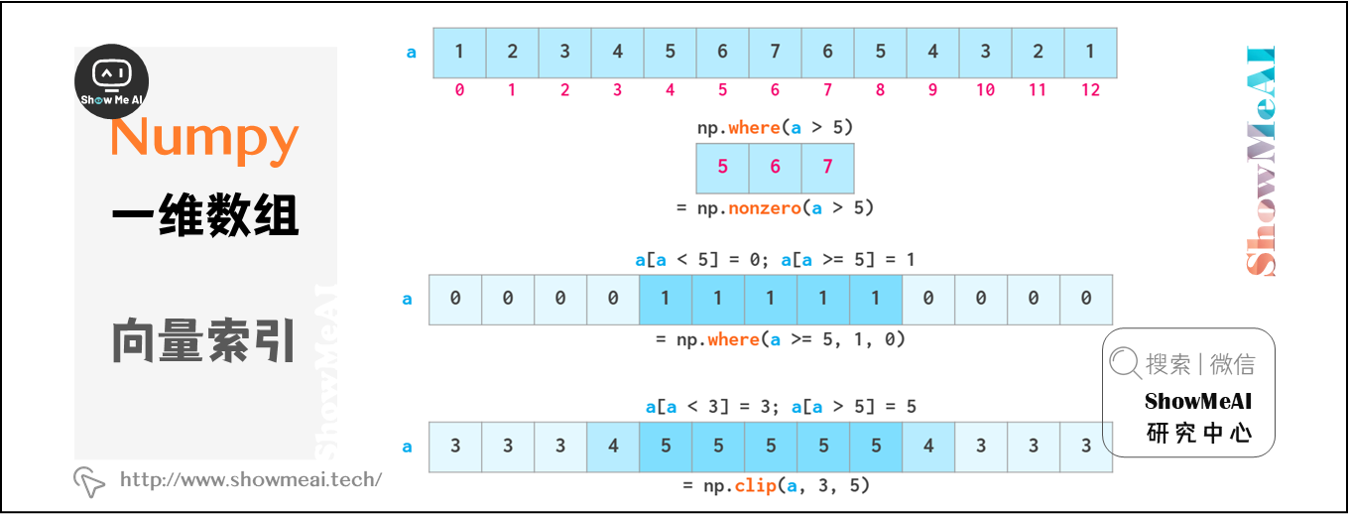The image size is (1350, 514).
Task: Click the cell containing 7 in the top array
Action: click(x=775, y=53)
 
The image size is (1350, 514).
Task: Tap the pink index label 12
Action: click(x=1090, y=90)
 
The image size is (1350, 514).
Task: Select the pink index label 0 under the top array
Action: click(x=459, y=90)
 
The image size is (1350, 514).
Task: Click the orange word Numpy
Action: click(x=204, y=137)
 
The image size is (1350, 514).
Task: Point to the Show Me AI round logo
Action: click(x=111, y=81)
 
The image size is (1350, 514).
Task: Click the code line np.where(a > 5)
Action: click(x=775, y=127)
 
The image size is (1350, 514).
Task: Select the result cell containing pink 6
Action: click(x=775, y=167)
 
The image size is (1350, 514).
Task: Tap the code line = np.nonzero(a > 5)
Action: click(x=774, y=207)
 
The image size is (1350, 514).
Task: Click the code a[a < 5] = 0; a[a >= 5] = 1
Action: click(x=775, y=260)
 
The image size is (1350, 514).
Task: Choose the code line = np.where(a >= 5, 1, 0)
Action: click(x=780, y=339)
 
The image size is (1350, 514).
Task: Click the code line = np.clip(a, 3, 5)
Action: click(x=776, y=485)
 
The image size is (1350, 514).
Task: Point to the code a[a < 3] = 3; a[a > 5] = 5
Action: click(x=781, y=407)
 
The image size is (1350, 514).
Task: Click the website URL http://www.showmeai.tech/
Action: click(x=251, y=480)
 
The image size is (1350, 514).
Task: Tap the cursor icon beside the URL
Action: click(x=89, y=481)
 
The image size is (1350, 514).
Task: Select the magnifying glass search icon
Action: click(x=1125, y=364)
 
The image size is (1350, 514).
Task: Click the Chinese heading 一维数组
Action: click(x=204, y=216)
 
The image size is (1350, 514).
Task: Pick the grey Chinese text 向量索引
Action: click(x=204, y=340)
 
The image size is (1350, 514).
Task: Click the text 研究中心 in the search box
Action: click(x=1198, y=433)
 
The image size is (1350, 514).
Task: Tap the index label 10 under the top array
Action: click(x=985, y=90)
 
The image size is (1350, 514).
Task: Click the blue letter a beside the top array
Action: click(x=412, y=53)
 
